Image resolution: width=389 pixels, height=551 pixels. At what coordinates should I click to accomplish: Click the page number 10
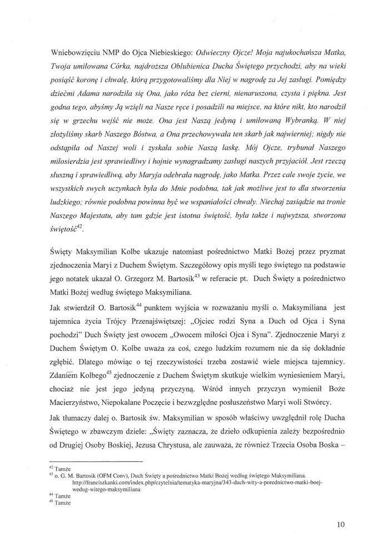[x=341, y=524]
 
